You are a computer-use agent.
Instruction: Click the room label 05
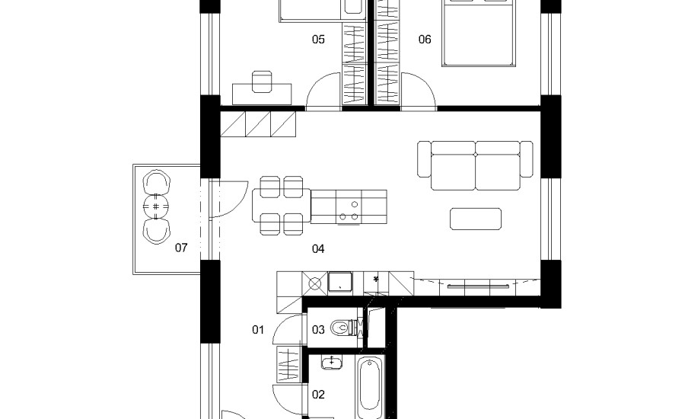[318, 40]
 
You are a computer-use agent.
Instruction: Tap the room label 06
[425, 40]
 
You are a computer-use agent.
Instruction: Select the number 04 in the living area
[318, 249]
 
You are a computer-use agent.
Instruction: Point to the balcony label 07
[181, 248]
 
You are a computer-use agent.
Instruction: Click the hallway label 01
[258, 329]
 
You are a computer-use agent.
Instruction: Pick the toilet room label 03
[318, 329]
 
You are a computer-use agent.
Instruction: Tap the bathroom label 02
[318, 395]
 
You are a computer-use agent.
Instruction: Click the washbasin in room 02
[332, 362]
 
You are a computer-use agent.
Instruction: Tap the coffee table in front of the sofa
[475, 219]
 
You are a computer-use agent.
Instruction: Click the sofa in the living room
[475, 165]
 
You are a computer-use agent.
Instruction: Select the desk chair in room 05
[262, 82]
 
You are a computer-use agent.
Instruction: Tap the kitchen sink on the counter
[340, 282]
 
